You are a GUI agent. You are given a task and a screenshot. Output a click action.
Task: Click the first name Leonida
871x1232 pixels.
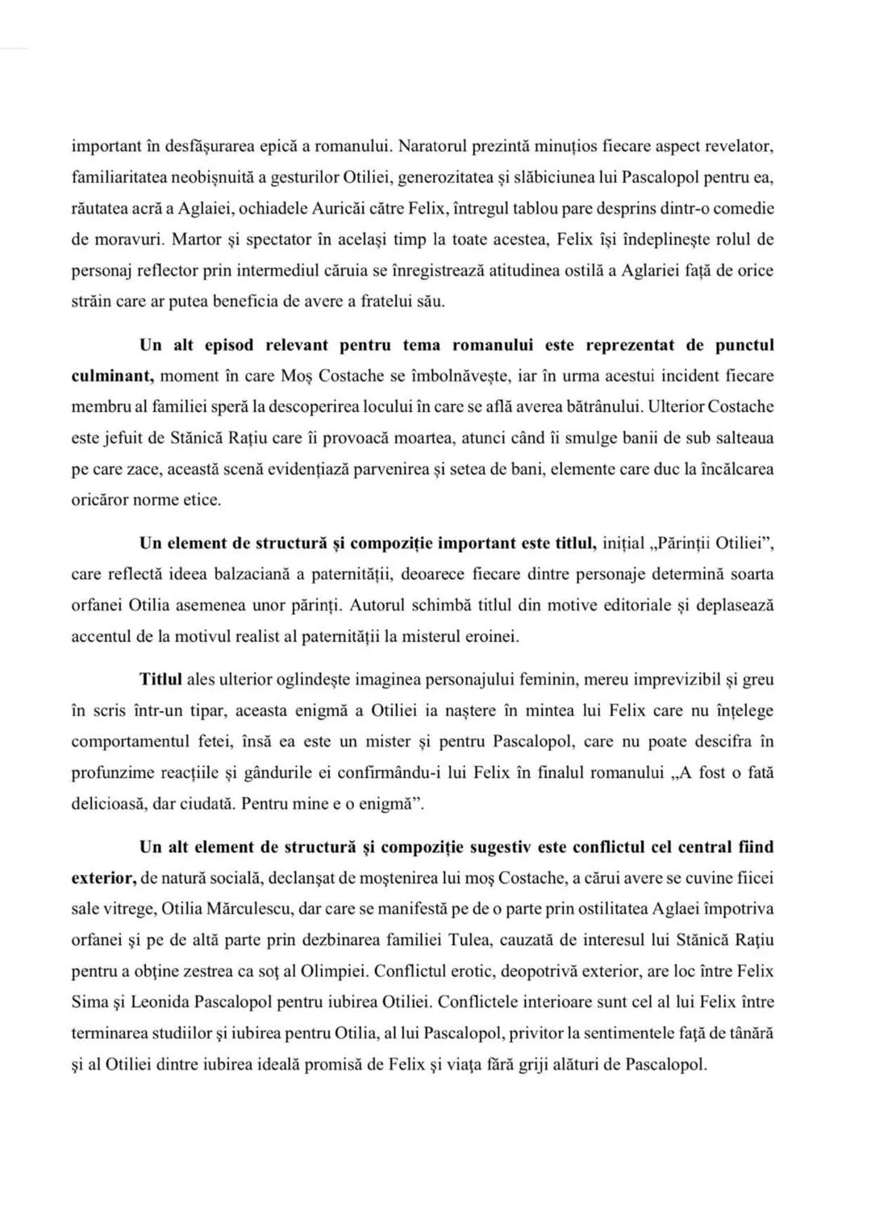click(165, 1001)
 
